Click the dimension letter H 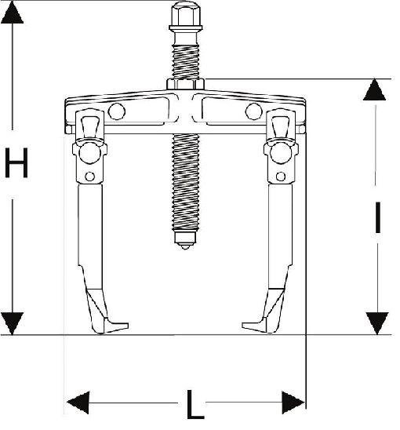point(16,162)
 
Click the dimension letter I point(378,217)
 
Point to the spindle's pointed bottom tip point(185,248)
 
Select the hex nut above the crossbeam point(185,84)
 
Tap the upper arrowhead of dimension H point(12,12)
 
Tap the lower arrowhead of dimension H point(12,323)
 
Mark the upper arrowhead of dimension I point(374,89)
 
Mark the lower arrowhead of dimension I point(377,323)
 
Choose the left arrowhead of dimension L point(78,403)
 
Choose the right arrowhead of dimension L point(293,403)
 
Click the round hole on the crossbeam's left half point(117,111)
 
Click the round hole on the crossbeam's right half point(254,111)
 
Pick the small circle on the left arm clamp point(90,177)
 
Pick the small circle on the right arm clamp point(281,177)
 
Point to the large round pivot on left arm point(89,153)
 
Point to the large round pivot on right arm point(281,153)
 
